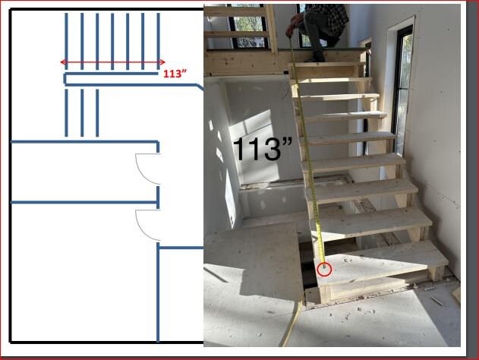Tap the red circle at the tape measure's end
pos(325,268)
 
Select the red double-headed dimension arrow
pos(112,62)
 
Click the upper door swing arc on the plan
pos(147,169)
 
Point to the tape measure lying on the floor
pos(292,327)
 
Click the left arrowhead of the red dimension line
pos(63,62)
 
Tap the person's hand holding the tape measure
pos(290,31)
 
